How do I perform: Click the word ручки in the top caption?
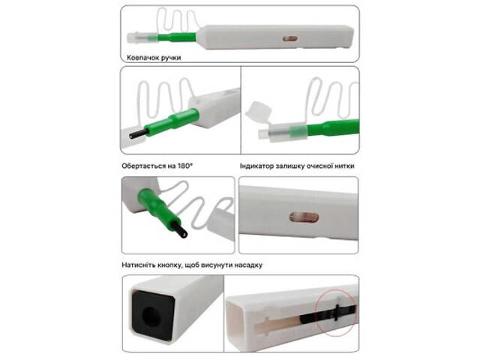coord(171,58)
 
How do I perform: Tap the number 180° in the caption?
coord(185,166)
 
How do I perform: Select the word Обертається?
coord(139,166)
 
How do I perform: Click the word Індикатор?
coord(256,166)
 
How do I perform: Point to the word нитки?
coord(344,166)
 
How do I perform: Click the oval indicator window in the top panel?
coord(290,38)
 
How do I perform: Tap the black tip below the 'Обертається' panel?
coord(139,133)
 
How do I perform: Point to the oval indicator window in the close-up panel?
coord(304,217)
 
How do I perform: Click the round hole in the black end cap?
coord(151,316)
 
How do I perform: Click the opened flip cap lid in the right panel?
coord(258,112)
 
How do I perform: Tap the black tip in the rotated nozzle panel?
coord(179,229)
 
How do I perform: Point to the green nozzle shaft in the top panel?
coord(177,37)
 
